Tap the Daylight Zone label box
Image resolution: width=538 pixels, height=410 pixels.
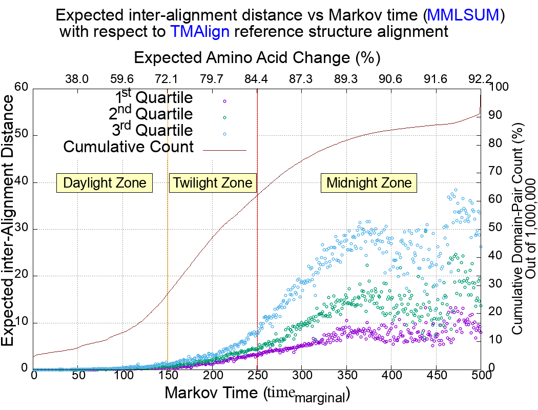coord(105,183)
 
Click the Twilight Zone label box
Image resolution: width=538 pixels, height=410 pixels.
coord(212,183)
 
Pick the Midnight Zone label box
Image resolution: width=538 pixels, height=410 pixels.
coord(369,183)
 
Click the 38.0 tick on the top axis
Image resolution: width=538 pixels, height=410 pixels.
coord(77,79)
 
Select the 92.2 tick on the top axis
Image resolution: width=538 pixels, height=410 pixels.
coord(480,79)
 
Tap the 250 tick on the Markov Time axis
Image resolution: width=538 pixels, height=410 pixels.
coord(257,375)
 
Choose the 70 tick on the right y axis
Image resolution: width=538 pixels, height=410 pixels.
coord(498,172)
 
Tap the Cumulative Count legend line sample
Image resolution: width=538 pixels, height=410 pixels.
coord(225,151)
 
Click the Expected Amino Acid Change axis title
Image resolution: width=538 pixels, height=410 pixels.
coord(257,57)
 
